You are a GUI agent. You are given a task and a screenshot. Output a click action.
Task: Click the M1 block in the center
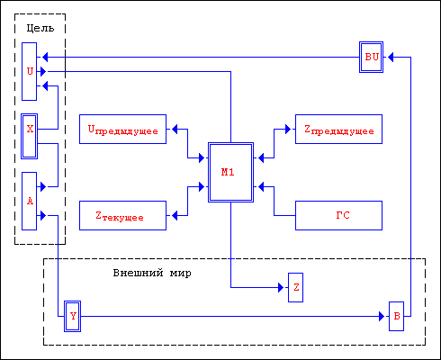click(230, 172)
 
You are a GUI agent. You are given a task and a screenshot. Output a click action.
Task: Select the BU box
click(371, 57)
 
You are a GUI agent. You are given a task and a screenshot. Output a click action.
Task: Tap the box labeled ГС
click(338, 215)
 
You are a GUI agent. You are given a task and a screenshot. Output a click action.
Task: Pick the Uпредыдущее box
click(122, 129)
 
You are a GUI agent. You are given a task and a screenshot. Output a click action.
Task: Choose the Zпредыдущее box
click(338, 129)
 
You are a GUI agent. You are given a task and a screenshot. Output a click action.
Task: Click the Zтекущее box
click(122, 215)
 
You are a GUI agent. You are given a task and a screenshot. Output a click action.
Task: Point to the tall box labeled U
click(30, 71)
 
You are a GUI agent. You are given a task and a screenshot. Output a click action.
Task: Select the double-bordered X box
click(30, 136)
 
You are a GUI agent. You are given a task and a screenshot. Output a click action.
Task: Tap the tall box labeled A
click(30, 201)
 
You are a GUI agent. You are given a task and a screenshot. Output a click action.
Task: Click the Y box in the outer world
click(72, 316)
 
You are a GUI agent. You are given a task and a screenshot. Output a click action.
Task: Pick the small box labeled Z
click(295, 287)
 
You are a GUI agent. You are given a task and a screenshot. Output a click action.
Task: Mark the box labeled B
click(396, 316)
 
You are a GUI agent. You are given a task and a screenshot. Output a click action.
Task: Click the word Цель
click(40, 28)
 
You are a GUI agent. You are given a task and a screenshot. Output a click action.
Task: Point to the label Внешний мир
click(152, 273)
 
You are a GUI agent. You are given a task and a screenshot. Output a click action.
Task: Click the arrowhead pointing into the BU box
click(391, 57)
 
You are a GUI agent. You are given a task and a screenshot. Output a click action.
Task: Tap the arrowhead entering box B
click(382, 316)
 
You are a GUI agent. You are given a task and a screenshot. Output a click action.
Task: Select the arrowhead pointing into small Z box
click(281, 287)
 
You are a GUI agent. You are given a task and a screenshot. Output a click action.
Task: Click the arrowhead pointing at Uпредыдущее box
click(175, 129)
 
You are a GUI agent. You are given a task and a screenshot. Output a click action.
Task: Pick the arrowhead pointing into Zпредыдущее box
click(288, 129)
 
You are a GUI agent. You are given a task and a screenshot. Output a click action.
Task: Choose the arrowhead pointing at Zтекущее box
click(175, 215)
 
